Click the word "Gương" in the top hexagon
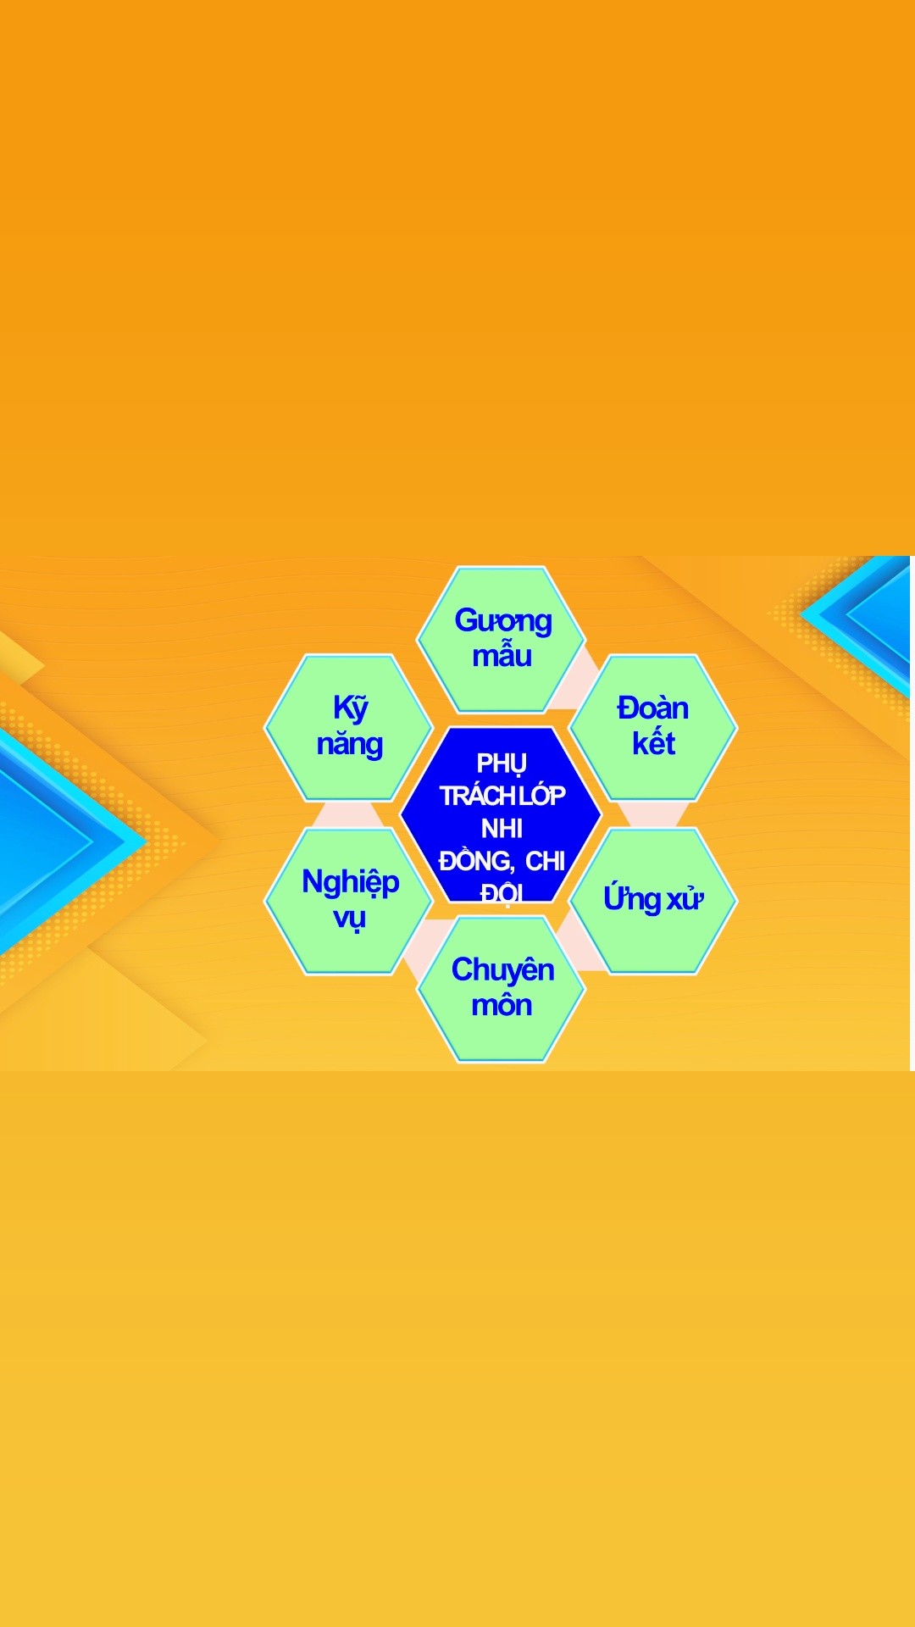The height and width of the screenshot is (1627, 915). [503, 621]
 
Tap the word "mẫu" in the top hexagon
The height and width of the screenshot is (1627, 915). [502, 655]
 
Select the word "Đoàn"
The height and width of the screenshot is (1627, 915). [652, 708]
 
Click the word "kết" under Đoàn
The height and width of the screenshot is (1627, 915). [653, 742]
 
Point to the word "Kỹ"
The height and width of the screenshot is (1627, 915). [350, 708]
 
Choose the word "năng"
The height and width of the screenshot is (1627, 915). [349, 744]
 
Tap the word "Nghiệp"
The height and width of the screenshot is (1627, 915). [350, 882]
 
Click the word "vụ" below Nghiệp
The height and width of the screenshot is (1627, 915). [349, 919]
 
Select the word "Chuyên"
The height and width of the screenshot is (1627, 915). [502, 969]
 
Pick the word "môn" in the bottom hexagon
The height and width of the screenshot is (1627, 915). [502, 1004]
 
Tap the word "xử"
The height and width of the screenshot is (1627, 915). [685, 899]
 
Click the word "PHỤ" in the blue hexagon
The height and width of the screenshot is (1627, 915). [502, 764]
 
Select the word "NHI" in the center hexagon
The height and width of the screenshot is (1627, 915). [502, 828]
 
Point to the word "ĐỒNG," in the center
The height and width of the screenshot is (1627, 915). [476, 860]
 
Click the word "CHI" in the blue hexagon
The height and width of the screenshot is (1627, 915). [545, 861]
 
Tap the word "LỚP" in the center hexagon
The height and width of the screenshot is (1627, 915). [542, 795]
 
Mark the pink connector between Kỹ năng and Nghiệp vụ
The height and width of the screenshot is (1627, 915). [348, 814]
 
